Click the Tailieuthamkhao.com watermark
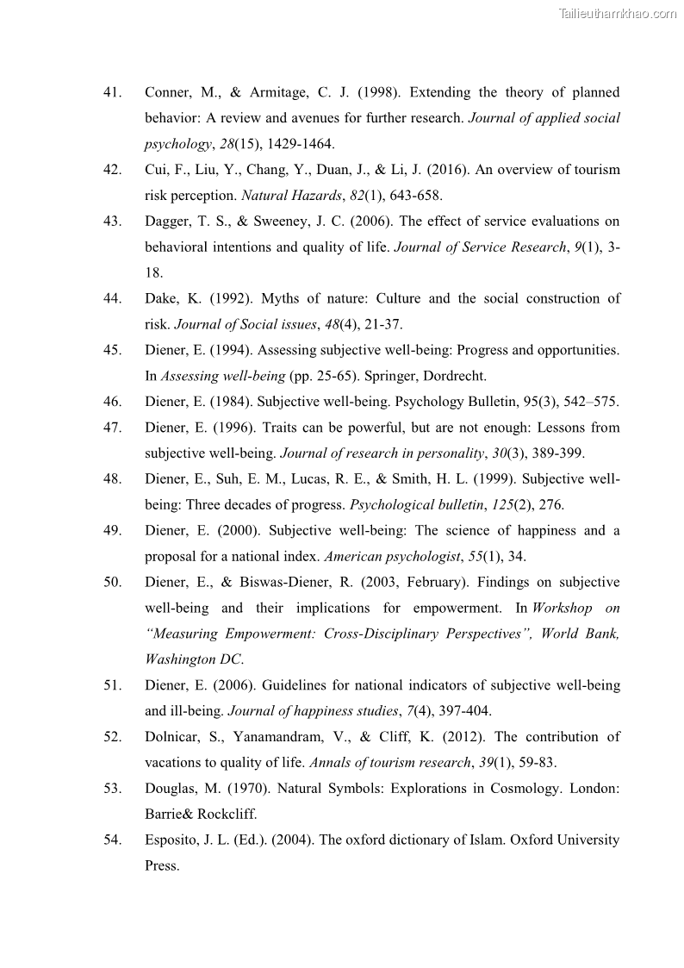(618, 13)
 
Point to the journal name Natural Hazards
(292, 196)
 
